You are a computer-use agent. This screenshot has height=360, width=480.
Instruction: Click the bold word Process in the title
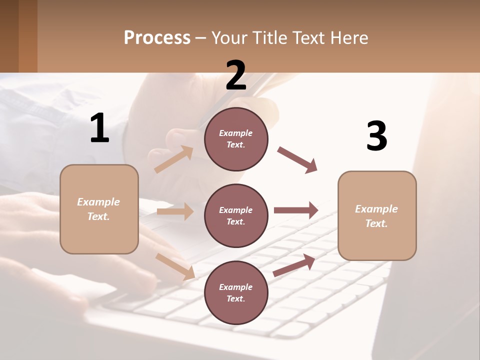tap(157, 38)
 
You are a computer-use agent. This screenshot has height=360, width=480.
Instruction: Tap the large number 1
tap(99, 128)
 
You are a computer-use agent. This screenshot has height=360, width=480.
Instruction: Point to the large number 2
tap(236, 75)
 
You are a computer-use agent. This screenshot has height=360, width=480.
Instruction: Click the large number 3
tap(376, 136)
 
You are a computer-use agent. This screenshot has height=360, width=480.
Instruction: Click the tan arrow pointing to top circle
tap(173, 159)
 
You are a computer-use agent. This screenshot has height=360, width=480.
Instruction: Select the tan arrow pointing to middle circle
tap(175, 211)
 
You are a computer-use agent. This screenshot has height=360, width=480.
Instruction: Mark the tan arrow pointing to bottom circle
tap(175, 266)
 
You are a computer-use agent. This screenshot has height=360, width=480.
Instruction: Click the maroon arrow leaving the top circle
tap(297, 160)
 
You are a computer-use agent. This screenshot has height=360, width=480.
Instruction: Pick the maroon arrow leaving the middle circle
tap(295, 210)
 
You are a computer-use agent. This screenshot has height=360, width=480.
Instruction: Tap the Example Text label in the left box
tap(98, 209)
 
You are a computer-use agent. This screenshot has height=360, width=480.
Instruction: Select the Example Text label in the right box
tap(376, 216)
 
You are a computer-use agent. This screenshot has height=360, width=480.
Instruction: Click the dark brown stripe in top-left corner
tap(9, 35)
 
